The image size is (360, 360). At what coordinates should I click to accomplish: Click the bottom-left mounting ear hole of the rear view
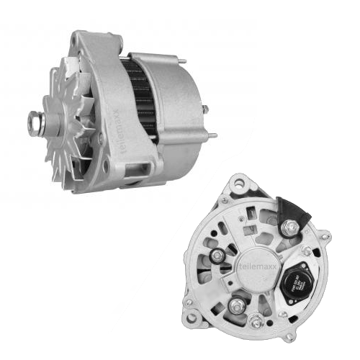coord(190,323)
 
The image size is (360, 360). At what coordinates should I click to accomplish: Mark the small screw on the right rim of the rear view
coord(307,251)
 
